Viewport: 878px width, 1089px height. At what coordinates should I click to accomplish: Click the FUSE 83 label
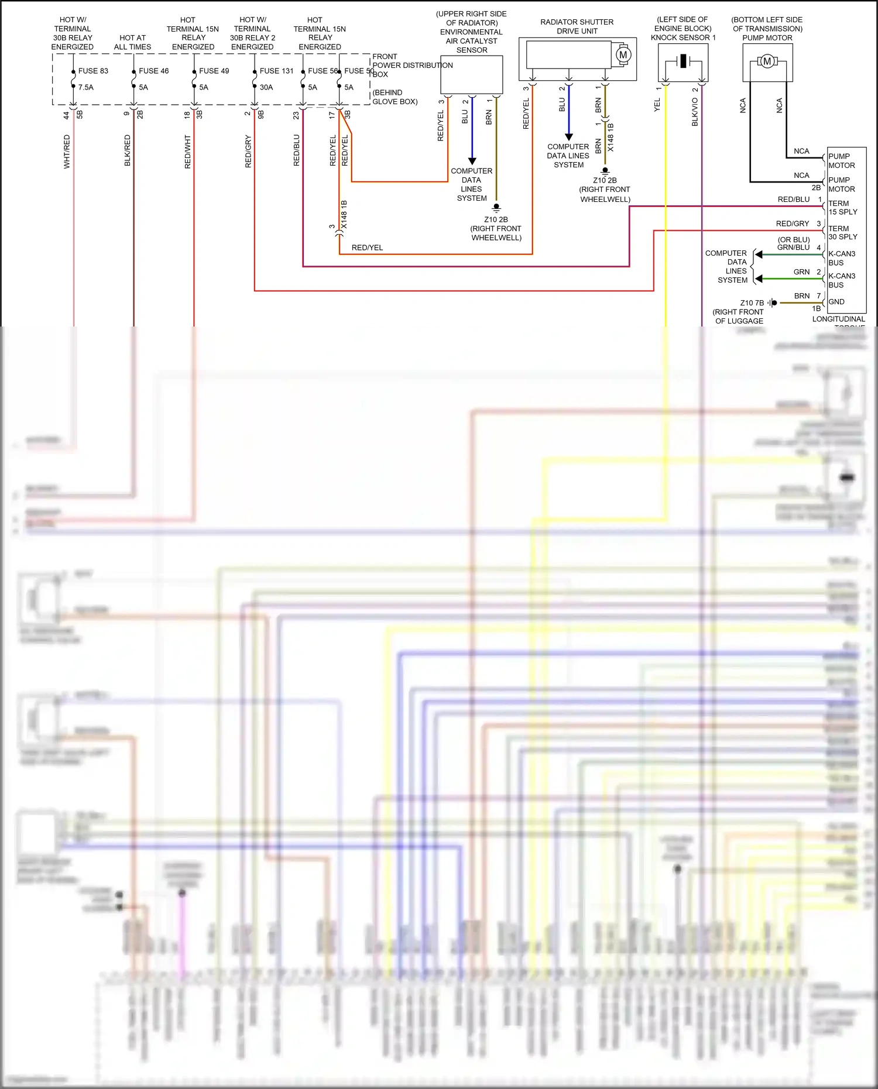93,71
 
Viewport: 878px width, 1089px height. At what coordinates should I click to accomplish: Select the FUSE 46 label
153,71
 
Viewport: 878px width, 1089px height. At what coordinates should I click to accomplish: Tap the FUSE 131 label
276,71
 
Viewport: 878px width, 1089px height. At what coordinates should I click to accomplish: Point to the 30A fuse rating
266,87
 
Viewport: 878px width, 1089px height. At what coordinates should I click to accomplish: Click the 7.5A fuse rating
86,87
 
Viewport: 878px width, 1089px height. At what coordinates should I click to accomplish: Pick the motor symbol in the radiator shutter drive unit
623,55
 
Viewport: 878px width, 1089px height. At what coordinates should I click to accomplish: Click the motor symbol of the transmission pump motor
767,61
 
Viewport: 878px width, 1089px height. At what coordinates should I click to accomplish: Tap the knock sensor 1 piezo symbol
682,61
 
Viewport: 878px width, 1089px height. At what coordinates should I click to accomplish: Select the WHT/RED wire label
67,152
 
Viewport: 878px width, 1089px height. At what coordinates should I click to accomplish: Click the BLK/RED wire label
128,150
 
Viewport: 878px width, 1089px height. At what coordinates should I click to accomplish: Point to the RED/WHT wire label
188,152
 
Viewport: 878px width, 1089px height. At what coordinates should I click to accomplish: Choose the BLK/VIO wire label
695,112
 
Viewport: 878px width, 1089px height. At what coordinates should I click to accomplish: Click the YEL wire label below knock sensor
657,105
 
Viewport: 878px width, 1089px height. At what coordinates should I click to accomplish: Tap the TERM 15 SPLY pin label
842,208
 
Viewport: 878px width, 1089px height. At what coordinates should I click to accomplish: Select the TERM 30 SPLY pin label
842,232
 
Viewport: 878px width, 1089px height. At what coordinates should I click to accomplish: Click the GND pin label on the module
836,302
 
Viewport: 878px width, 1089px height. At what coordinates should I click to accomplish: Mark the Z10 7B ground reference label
752,303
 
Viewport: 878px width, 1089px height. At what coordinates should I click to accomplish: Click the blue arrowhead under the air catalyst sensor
472,161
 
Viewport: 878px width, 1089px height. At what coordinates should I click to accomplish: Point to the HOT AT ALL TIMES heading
132,42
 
